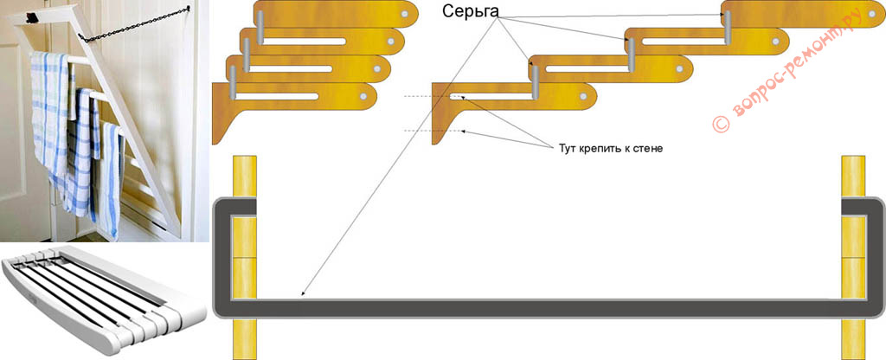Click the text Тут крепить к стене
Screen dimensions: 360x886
coord(610,148)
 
